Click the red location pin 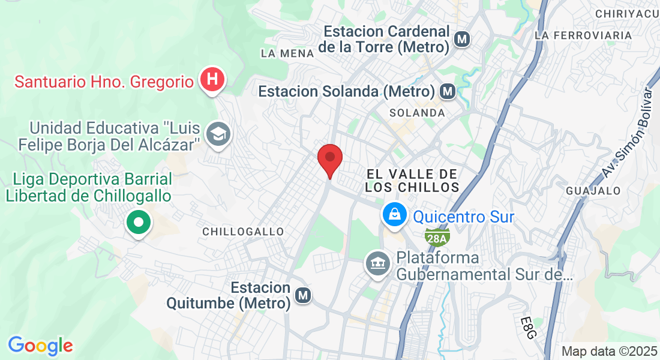(x=329, y=158)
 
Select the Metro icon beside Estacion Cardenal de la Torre (x=461, y=40)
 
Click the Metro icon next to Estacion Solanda (x=447, y=92)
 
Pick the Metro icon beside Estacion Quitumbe (x=304, y=295)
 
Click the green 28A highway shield (x=437, y=238)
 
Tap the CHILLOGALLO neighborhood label (x=243, y=232)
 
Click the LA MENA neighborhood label (x=287, y=53)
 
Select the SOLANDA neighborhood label (x=417, y=113)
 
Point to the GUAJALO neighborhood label (x=593, y=191)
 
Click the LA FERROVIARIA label (x=583, y=35)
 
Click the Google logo (x=40, y=346)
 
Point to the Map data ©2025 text (x=608, y=351)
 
